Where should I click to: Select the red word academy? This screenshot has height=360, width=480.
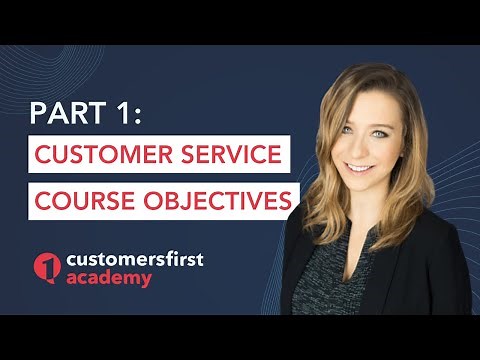tap(106, 279)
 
